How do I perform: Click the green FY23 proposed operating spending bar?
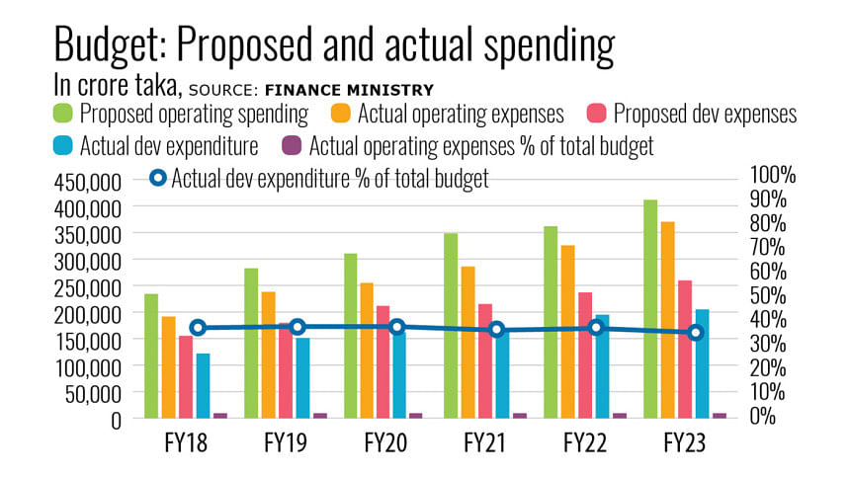[x=649, y=308]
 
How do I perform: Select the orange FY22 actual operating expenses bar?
[x=567, y=331]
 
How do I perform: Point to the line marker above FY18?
[x=198, y=328]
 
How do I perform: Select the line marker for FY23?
[x=696, y=333]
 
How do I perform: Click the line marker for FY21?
[x=497, y=330]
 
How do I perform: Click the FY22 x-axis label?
[x=585, y=444]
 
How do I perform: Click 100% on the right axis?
[x=773, y=175]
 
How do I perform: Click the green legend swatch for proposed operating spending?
[x=62, y=113]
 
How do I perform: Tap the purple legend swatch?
[x=291, y=146]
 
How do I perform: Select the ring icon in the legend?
[x=157, y=179]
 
